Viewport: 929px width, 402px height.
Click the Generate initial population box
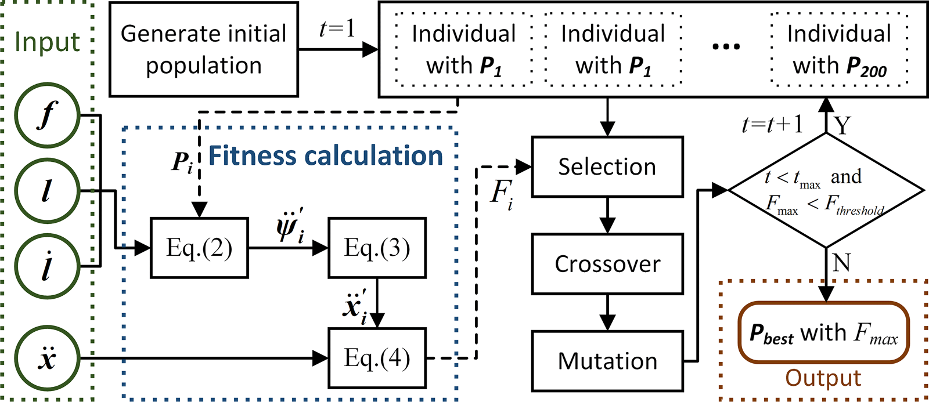tap(204, 49)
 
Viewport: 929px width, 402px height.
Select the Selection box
tap(607, 167)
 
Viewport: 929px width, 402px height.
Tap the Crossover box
tap(607, 264)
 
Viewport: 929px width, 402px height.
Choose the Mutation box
tap(607, 361)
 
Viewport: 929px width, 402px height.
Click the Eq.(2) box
tap(199, 248)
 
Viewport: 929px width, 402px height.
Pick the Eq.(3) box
tap(377, 248)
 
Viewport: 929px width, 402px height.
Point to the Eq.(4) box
tap(377, 358)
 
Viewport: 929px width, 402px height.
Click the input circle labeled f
tap(47, 115)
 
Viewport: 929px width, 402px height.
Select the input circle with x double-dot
tap(47, 358)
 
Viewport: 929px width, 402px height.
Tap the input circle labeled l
tap(47, 191)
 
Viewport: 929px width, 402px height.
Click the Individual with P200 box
tap(839, 50)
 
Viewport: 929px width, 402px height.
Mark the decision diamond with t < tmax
tap(826, 191)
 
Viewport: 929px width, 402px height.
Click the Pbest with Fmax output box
tap(823, 333)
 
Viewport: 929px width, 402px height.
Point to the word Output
tap(823, 378)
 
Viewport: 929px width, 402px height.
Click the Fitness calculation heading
tap(326, 156)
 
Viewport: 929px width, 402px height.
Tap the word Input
tap(47, 42)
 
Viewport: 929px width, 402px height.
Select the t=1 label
tap(337, 28)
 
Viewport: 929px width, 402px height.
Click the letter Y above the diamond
tap(842, 125)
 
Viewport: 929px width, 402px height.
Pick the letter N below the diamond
tap(841, 263)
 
